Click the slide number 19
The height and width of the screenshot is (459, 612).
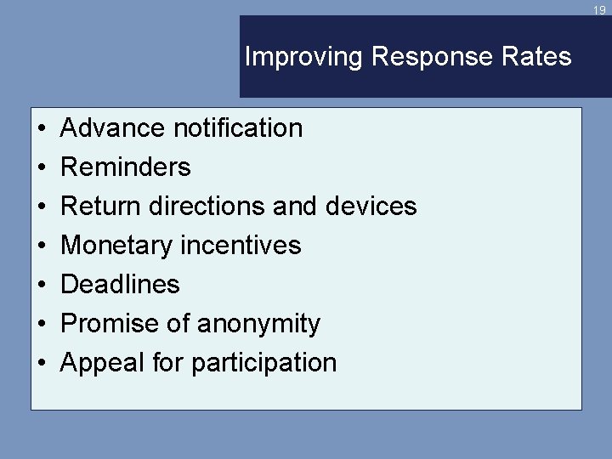pos(600,10)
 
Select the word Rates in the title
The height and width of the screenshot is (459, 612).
pos(542,57)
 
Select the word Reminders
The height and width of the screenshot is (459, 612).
pos(126,167)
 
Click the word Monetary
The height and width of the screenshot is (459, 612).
pos(118,246)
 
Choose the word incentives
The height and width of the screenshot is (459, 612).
pos(241,246)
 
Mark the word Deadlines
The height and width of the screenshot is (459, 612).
pos(121,285)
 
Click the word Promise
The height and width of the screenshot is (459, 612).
pos(105,324)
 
